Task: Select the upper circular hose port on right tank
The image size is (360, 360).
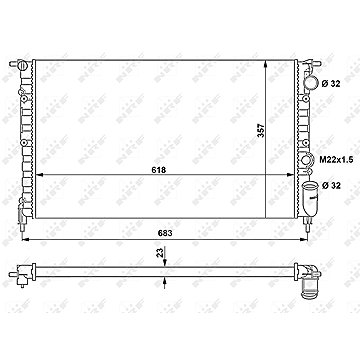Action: click(x=305, y=80)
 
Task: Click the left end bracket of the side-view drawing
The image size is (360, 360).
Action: click(x=23, y=267)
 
